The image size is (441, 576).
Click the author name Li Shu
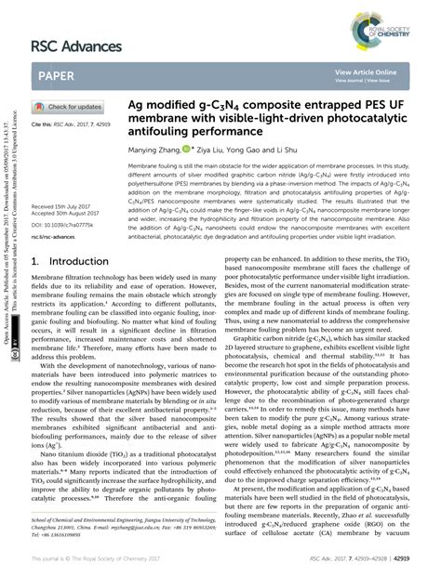click(x=309, y=148)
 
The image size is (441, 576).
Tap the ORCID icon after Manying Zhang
click(x=213, y=148)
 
